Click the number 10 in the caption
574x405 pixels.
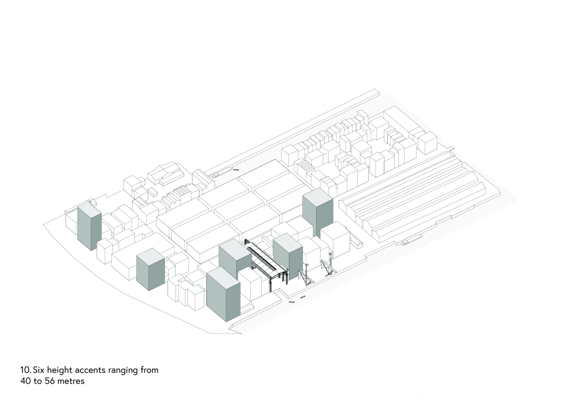pos(26,370)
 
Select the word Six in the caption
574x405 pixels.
pos(39,370)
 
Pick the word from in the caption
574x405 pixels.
pos(149,370)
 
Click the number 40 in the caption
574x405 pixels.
pos(25,381)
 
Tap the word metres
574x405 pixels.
pos(71,382)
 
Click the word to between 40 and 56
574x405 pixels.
pos(38,382)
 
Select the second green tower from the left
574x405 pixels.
pos(150,269)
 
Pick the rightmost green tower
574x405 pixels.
pos(318,213)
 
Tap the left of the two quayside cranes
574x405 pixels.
pos(306,275)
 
